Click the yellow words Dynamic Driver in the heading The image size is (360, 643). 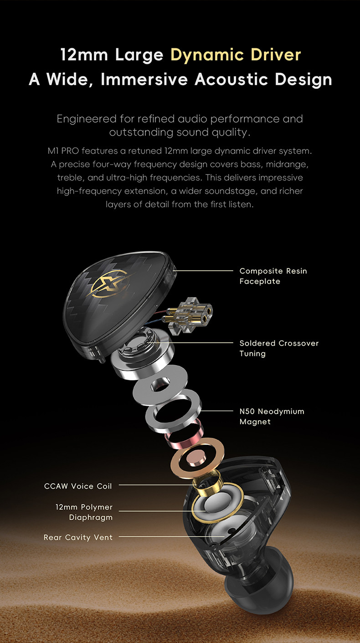236,55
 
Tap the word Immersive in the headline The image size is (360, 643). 144,79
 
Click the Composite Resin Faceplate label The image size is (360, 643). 273,276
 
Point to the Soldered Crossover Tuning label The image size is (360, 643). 279,348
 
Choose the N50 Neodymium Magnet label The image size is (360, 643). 272,416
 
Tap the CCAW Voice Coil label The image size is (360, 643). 78,486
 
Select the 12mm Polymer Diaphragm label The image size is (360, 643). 84,512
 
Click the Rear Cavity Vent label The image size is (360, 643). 78,537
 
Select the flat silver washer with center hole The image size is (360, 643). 160,385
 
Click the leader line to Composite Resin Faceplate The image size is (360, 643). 203,271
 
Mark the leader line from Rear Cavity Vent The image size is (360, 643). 172,536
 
